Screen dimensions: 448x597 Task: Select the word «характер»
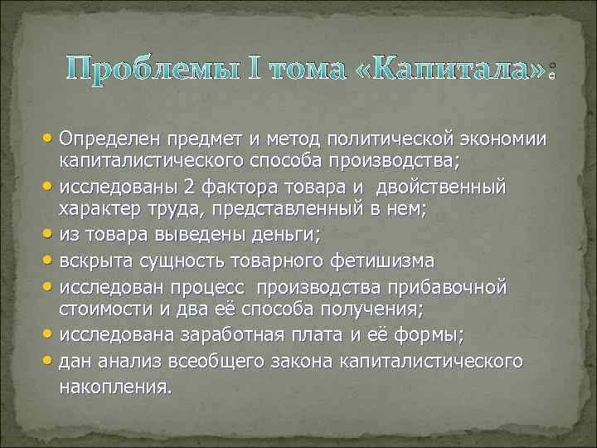click(x=97, y=209)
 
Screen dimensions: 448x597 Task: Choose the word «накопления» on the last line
click(x=113, y=386)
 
